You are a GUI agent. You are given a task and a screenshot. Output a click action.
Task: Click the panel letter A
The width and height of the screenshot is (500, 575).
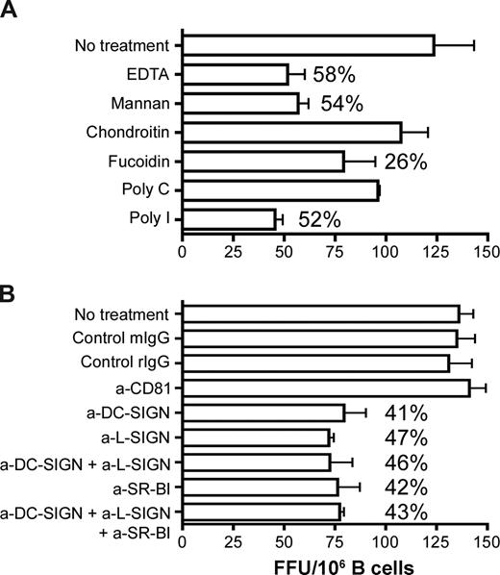point(13,12)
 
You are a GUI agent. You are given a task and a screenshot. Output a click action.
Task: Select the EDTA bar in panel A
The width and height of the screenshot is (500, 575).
point(236,73)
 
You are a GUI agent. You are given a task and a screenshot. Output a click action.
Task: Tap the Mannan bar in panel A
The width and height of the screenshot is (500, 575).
point(240,102)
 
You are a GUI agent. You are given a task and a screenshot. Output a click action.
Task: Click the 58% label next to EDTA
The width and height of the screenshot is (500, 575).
point(337,73)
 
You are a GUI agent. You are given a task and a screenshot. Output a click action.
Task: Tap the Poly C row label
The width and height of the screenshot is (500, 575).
point(148,189)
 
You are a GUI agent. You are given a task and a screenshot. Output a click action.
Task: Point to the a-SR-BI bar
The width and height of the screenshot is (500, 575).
point(260,487)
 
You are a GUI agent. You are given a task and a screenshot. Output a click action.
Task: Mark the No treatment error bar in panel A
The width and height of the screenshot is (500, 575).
point(454,44)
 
